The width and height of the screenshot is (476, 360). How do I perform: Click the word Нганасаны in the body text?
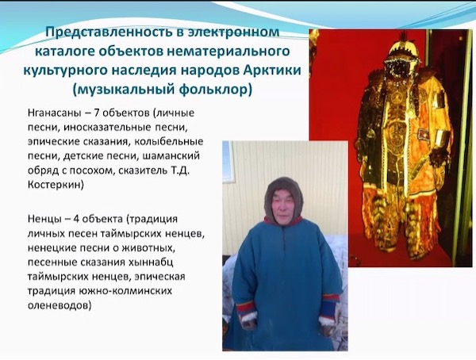point(54,113)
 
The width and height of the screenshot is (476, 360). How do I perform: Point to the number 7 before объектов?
point(97,113)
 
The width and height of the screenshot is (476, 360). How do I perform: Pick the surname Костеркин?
point(56,185)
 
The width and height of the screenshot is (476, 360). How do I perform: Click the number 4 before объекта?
point(76,219)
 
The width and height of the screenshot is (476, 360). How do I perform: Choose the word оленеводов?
point(59,305)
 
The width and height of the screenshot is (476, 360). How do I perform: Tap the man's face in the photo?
point(282,207)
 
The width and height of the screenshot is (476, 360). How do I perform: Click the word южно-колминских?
point(125,291)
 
